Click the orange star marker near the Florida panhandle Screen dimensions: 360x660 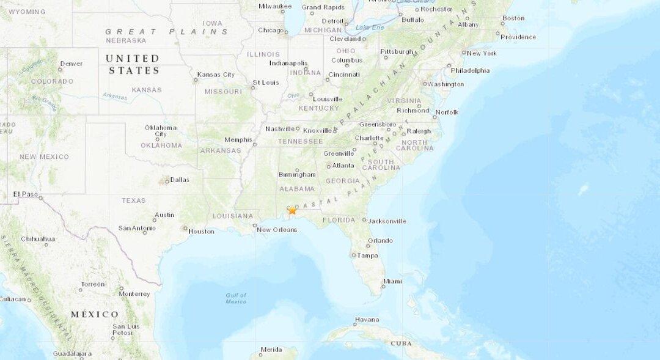292,210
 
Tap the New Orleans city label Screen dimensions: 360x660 276,230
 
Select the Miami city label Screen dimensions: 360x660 392,281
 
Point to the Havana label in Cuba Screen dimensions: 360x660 367,319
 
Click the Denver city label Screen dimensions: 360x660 71,64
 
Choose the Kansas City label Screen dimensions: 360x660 216,75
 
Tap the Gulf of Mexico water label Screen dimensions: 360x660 236,298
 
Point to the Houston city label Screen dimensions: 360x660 201,231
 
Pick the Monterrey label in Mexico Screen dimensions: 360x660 134,293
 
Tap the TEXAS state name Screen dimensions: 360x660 134,200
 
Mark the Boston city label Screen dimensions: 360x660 513,18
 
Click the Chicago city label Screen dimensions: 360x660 270,30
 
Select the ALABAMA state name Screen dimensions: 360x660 297,189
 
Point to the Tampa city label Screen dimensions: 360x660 367,255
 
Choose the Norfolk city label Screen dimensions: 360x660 447,112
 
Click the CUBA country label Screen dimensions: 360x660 401,343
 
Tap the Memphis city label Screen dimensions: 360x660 238,139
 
